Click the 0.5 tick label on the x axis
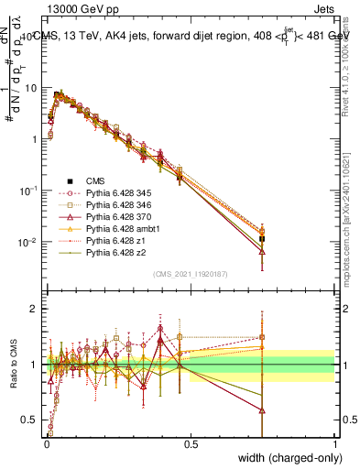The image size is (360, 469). pos(191,442)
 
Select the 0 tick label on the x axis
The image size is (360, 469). pos(46,442)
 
